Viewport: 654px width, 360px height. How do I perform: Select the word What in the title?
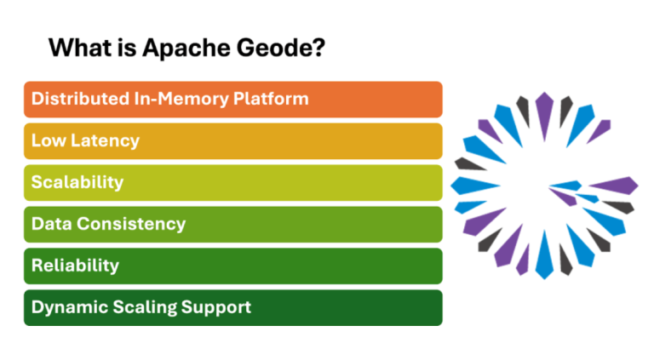click(79, 48)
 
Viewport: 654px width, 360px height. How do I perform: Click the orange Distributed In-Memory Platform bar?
click(232, 99)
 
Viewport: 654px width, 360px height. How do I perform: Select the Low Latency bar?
click(232, 140)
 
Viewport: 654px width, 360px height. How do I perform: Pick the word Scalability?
click(77, 182)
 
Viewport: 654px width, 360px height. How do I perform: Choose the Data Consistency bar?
click(232, 224)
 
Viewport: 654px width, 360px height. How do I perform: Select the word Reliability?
click(75, 266)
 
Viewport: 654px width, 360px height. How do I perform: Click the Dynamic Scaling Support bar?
click(232, 307)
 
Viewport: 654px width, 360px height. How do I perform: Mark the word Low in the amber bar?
click(47, 140)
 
